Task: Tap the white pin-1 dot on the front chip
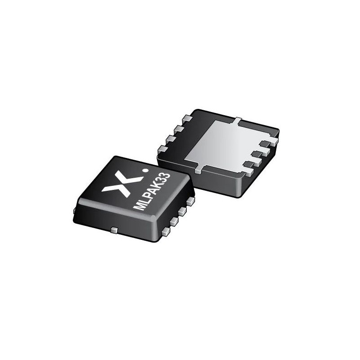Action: coord(144,171)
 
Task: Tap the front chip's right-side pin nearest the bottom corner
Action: coord(166,231)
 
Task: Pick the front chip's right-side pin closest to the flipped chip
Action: coord(190,200)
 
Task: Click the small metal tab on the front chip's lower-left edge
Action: coord(114,230)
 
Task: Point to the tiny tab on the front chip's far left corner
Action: coord(74,210)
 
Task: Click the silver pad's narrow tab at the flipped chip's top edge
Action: coord(237,120)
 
